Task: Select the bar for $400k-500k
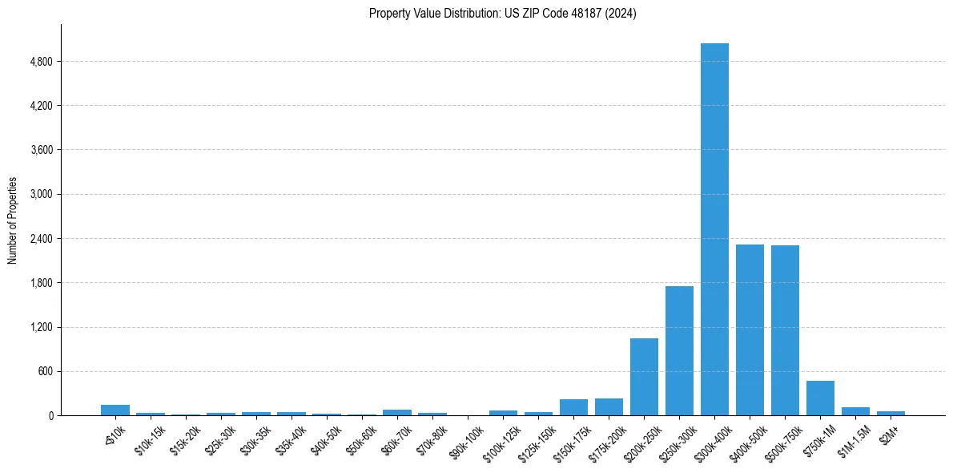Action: pos(750,329)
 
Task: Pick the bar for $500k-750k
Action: pos(785,330)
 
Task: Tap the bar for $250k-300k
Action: pos(679,350)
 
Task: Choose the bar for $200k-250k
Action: pos(644,377)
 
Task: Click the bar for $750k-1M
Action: pos(820,398)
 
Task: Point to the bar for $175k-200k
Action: pos(609,407)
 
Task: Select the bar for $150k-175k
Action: pos(573,407)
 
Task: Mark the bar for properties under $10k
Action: pos(115,410)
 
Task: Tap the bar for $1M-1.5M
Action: pos(855,411)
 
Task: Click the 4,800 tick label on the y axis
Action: pos(39,62)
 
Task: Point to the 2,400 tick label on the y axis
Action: pos(39,239)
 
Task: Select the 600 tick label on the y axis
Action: pos(44,371)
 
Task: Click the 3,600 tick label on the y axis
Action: pos(39,150)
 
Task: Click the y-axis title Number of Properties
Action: pos(12,220)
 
